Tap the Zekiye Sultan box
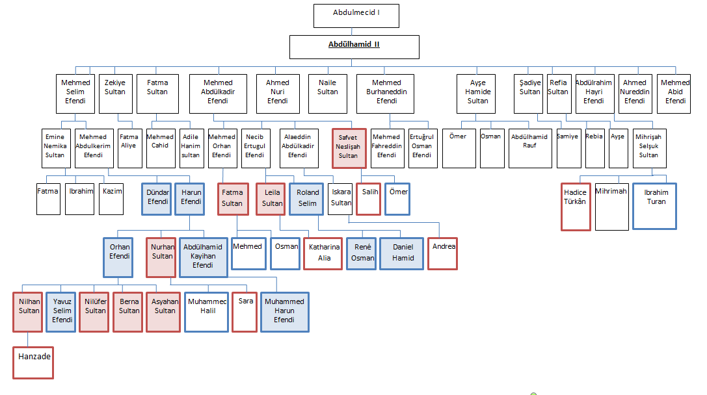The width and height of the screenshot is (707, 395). point(116,94)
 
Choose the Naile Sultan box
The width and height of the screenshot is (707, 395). point(328,94)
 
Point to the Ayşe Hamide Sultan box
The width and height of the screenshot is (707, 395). point(477,94)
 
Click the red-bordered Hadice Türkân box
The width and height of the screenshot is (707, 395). point(576,207)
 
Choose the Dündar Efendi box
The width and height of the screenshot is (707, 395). point(157,199)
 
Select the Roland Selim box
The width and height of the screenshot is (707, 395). point(307,199)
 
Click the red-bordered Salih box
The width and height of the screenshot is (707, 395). point(368,199)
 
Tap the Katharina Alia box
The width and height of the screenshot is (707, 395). point(323,253)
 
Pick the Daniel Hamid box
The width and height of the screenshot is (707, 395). point(401,253)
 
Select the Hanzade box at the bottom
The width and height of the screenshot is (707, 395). point(33,363)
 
